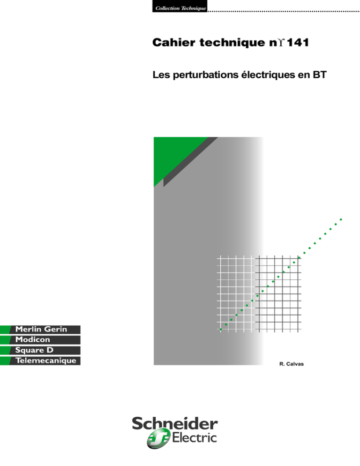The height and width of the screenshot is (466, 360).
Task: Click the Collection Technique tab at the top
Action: pos(180,6)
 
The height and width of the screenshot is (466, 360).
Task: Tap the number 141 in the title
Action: pos(298,43)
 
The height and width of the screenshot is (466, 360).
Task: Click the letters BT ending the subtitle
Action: pos(320,75)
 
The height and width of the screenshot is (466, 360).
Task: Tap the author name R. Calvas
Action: pos(292,364)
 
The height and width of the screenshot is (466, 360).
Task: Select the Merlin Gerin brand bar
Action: pos(40,329)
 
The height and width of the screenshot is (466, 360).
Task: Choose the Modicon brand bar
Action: pos(40,340)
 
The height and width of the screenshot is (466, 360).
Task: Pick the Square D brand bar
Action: pos(40,350)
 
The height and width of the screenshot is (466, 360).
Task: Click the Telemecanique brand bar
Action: pos(40,361)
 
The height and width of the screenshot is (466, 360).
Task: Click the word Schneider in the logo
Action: pos(175,423)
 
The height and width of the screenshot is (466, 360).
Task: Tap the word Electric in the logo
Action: pos(195,438)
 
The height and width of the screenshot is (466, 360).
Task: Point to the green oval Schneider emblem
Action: pos(158,438)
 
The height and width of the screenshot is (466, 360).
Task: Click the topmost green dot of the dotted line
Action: pos(341,219)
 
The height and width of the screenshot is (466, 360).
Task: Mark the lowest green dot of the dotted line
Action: pos(221,329)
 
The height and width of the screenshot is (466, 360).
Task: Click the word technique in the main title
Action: pos(232,43)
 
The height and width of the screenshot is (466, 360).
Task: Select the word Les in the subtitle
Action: pos(161,75)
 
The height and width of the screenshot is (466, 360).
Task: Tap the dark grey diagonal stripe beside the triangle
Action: pos(191,162)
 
